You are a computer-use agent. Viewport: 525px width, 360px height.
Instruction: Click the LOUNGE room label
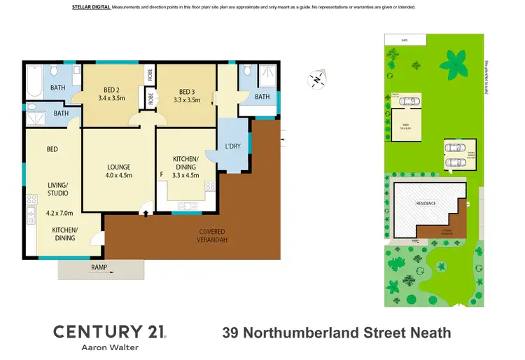tap(118, 167)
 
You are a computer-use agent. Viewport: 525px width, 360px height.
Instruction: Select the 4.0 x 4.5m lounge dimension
tap(118, 176)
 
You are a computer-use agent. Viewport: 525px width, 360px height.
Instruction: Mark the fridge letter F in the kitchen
tap(162, 174)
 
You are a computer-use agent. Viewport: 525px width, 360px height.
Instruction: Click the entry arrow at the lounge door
tap(145, 207)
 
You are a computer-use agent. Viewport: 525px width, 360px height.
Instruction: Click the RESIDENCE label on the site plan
tap(426, 203)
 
